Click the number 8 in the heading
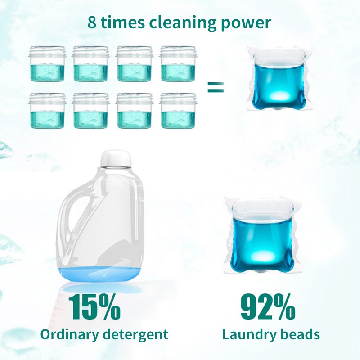(x=92, y=23)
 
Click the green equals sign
(x=215, y=87)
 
